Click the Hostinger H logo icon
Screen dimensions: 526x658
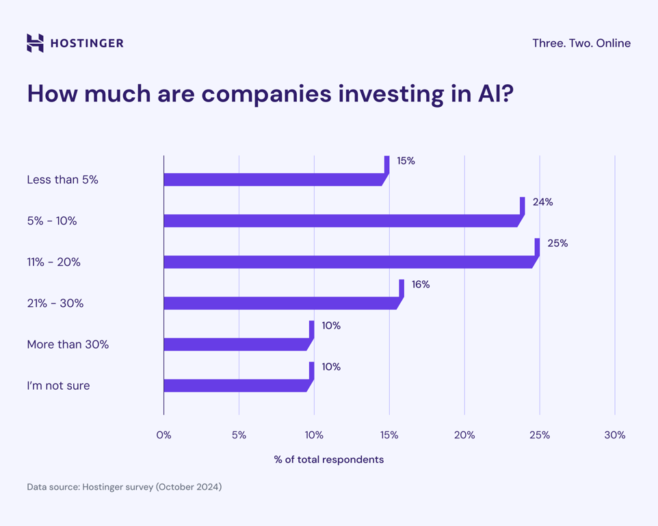(35, 43)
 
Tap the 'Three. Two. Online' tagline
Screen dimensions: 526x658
(581, 43)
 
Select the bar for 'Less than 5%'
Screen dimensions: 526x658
(274, 180)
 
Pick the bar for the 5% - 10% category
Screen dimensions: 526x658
(342, 221)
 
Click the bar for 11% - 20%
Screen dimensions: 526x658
(349, 262)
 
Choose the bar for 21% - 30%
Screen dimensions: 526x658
(280, 303)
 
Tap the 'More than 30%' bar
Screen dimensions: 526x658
(236, 345)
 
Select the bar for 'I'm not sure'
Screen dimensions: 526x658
(236, 386)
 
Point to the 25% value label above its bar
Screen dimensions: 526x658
(557, 243)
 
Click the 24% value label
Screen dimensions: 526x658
(542, 202)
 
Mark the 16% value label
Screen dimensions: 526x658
(421, 284)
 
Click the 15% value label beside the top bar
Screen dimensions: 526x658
(406, 161)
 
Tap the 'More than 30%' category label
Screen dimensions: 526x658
(68, 345)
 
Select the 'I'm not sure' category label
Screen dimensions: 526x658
(58, 386)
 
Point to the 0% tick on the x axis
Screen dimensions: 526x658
(163, 435)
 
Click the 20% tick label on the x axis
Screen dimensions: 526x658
(464, 435)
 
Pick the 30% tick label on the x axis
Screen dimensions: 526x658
(614, 435)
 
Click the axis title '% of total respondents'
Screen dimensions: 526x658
(328, 460)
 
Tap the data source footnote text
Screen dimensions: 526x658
(124, 487)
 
